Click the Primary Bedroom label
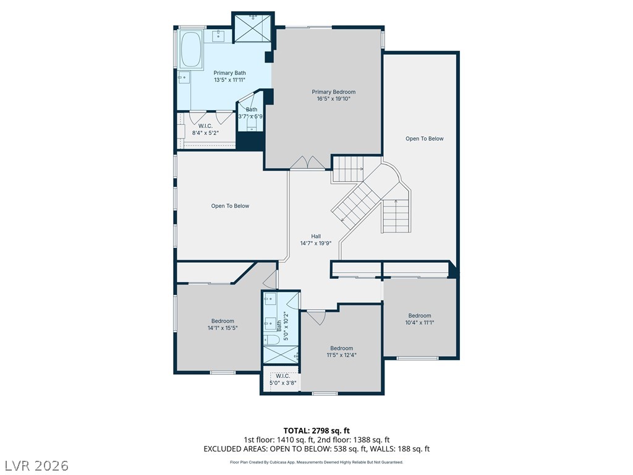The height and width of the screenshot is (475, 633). click(x=333, y=92)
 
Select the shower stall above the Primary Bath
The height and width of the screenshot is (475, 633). click(x=253, y=27)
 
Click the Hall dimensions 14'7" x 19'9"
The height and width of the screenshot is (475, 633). click(x=316, y=243)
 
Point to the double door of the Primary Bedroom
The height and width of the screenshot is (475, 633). click(x=308, y=163)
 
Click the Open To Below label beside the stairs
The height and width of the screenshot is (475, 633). click(x=424, y=139)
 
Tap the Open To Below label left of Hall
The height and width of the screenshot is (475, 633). click(x=230, y=206)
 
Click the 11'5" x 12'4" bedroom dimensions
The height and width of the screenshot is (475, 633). click(x=341, y=355)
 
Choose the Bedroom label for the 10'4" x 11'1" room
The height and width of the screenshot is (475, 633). click(x=420, y=315)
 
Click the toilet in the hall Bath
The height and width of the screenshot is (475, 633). click(x=271, y=340)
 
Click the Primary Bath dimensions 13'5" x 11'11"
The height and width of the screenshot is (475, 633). click(x=230, y=80)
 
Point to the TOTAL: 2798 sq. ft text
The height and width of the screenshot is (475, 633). click(x=316, y=430)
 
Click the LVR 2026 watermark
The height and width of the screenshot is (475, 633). click(x=35, y=466)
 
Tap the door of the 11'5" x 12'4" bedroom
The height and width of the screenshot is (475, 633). click(x=316, y=317)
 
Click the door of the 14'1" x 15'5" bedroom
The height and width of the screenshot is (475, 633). click(x=271, y=278)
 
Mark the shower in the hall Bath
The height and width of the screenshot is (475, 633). click(x=281, y=354)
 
